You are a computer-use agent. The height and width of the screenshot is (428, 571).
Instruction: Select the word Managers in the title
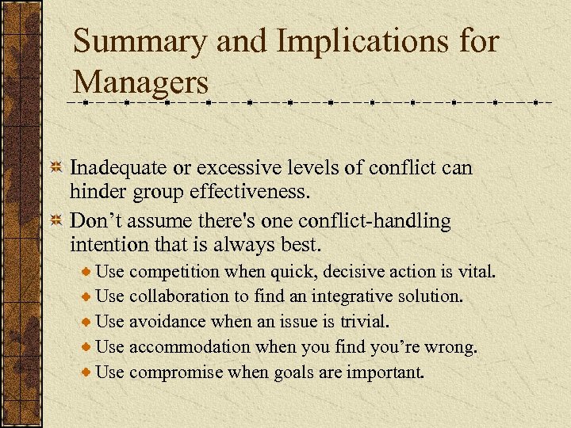click(141, 81)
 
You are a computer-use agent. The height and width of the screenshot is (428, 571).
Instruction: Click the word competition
click(174, 272)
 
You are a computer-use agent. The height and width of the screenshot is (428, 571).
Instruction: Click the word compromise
click(175, 371)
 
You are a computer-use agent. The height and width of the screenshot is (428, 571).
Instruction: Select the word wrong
click(454, 346)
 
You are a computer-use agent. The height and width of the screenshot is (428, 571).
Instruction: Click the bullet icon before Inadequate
click(56, 169)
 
